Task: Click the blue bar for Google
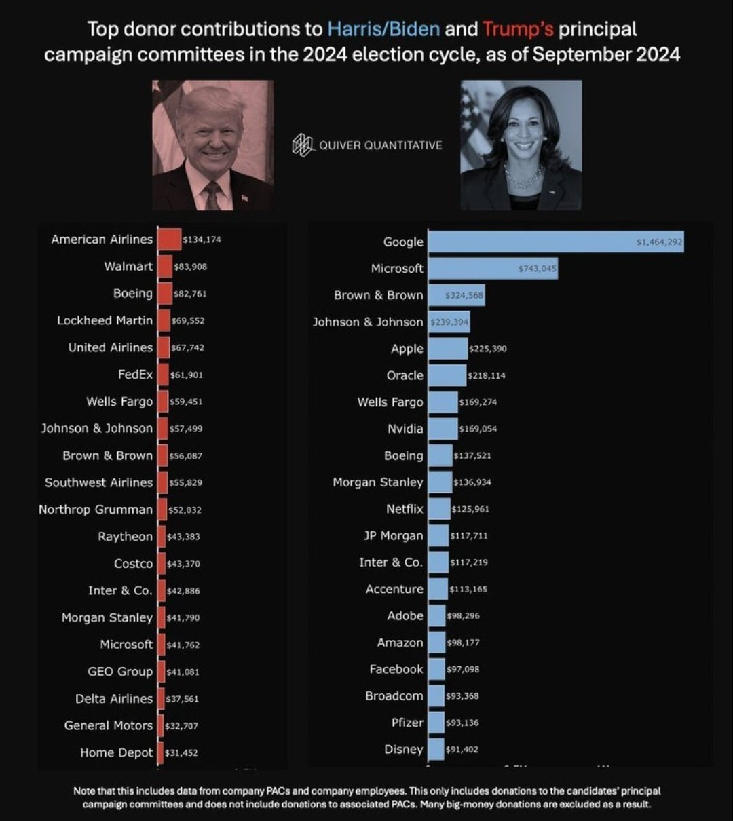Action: click(x=555, y=242)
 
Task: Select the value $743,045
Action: click(x=537, y=269)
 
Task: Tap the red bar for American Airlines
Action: click(x=169, y=240)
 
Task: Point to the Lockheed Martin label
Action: click(x=105, y=320)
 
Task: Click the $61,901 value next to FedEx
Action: click(x=187, y=375)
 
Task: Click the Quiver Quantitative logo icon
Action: click(x=303, y=145)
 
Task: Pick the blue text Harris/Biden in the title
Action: click(x=383, y=30)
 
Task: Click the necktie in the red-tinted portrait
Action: click(x=212, y=196)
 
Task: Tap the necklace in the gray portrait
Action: click(x=523, y=178)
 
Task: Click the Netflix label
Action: click(x=405, y=509)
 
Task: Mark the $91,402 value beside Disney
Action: click(x=462, y=750)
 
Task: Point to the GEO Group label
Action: click(x=120, y=672)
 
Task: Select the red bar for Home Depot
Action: click(x=160, y=752)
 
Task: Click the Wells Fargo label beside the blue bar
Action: click(x=390, y=402)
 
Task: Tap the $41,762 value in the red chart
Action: click(x=183, y=645)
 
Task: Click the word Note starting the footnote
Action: click(x=85, y=791)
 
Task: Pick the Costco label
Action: click(x=134, y=564)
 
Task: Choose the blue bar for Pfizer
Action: click(x=436, y=723)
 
